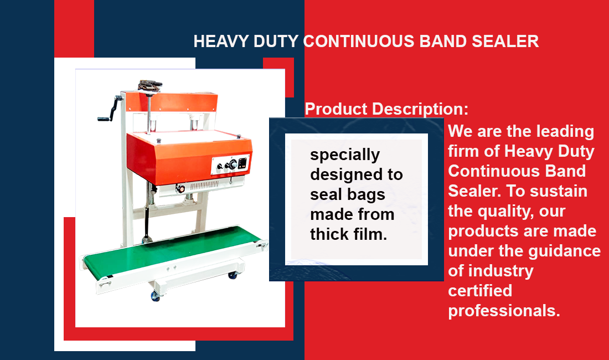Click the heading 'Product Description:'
(386, 109)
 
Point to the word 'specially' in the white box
(345, 155)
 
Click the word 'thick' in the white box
(329, 234)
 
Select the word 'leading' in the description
(565, 132)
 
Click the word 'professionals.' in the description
(504, 311)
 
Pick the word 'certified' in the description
(480, 290)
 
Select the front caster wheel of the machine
(156, 296)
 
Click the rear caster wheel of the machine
(233, 275)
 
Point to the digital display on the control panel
(242, 163)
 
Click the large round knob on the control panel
(233, 164)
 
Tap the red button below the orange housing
(180, 189)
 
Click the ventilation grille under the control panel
(204, 185)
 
